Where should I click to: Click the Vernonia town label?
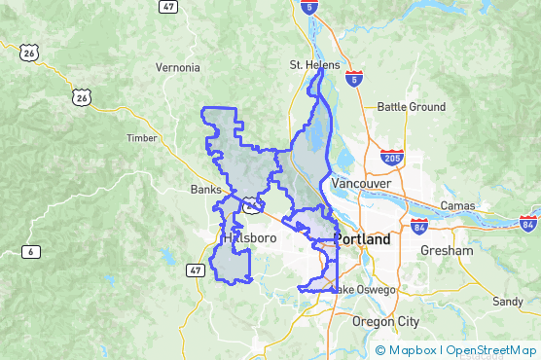178,68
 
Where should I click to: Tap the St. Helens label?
314,65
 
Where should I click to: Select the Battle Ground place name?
411,107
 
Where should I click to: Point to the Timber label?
141,138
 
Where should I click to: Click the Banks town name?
206,190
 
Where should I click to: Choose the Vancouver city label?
360,183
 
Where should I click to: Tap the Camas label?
457,205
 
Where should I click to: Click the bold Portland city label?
362,239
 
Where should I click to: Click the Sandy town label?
507,302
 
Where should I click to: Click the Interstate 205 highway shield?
393,158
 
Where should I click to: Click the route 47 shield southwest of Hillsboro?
196,270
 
